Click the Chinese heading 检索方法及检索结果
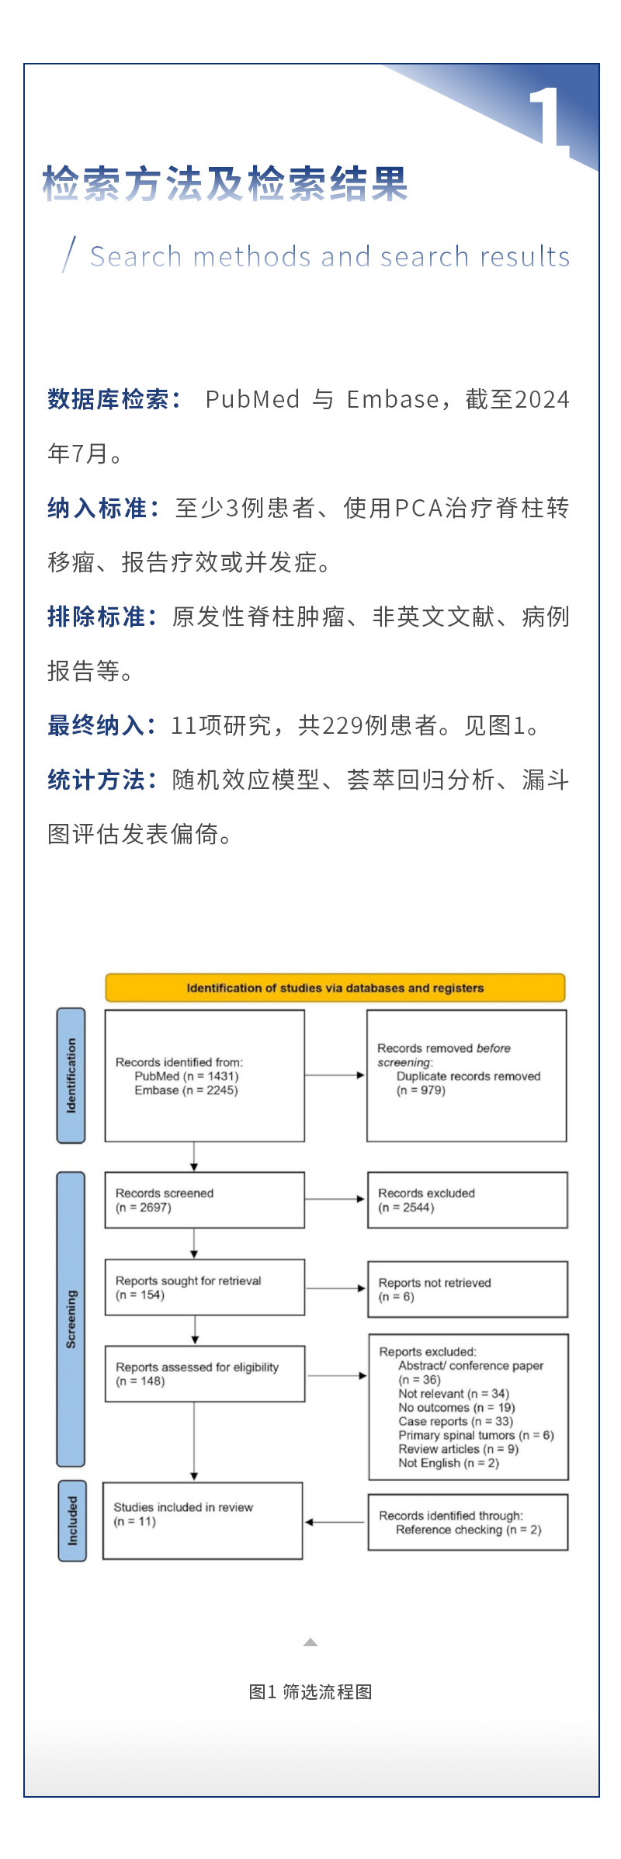tap(225, 185)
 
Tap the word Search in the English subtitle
tap(136, 256)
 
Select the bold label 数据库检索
tap(113, 399)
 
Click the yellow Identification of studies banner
tap(335, 988)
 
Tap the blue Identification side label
tap(71, 1075)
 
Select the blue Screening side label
tap(71, 1319)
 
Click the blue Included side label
tap(72, 1520)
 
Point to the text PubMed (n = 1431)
tap(186, 1076)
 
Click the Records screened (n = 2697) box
tap(204, 1200)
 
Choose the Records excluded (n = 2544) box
tap(467, 1200)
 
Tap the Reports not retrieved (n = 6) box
tap(467, 1290)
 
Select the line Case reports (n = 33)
tap(456, 1421)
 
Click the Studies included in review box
tap(203, 1520)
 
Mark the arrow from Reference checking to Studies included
tap(335, 1522)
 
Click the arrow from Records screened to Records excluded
tap(335, 1199)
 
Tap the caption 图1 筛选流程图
tap(310, 1692)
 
